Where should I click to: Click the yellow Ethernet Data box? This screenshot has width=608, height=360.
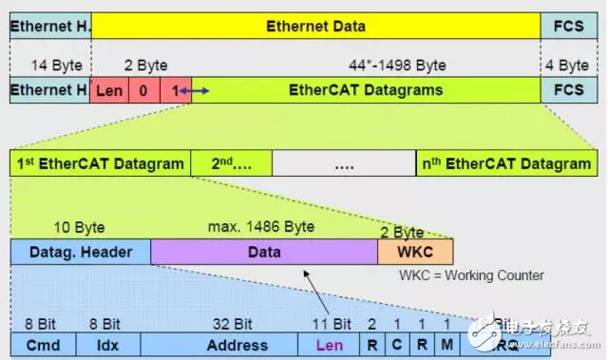(315, 26)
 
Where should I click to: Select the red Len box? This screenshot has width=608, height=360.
(109, 91)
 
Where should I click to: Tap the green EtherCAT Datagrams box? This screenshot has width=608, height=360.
(365, 91)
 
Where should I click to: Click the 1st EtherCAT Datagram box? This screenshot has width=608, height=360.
(100, 162)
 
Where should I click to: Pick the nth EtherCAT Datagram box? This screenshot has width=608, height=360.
(505, 162)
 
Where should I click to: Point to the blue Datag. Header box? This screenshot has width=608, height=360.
(80, 251)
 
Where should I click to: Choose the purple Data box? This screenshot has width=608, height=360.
(263, 251)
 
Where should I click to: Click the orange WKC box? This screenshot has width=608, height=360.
(415, 251)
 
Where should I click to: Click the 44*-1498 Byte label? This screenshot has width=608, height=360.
(398, 66)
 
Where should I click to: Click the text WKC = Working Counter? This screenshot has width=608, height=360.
(471, 275)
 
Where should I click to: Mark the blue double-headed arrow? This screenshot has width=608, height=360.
(194, 91)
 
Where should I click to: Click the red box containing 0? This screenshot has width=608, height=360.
(143, 91)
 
